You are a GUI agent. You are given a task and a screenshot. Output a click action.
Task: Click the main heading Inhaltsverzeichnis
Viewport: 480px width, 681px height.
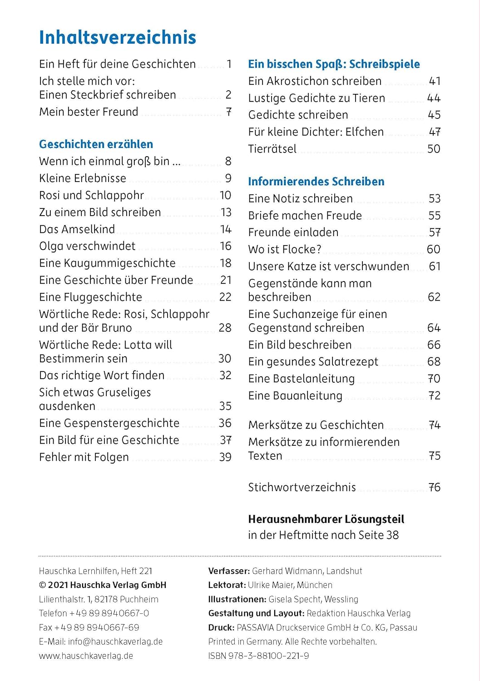click(x=117, y=38)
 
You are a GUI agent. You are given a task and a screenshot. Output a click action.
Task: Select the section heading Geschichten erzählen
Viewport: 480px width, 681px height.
click(x=96, y=144)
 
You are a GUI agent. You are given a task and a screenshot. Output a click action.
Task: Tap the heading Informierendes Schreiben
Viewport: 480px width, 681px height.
click(x=316, y=182)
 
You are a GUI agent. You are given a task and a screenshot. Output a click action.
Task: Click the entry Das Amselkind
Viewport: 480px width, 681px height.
click(x=77, y=229)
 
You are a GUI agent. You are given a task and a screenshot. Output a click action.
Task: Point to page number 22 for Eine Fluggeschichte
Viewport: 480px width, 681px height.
click(x=225, y=297)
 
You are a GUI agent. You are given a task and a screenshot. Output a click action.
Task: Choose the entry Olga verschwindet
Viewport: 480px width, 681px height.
click(x=87, y=246)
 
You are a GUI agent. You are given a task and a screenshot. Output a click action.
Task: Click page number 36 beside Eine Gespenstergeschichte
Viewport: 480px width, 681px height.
click(x=225, y=423)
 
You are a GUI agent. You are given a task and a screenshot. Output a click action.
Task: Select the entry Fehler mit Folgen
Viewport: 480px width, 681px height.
click(x=84, y=457)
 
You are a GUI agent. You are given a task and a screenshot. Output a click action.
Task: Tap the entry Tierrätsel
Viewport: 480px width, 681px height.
click(x=272, y=149)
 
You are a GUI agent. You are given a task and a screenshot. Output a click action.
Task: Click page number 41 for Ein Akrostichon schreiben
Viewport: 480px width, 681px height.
click(x=435, y=81)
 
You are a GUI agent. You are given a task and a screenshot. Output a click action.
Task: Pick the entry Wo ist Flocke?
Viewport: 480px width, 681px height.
click(x=285, y=249)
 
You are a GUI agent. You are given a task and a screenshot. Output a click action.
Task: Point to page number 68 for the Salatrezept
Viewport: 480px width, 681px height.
click(x=434, y=362)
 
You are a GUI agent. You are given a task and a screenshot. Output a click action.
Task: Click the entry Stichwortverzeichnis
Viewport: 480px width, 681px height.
click(x=302, y=488)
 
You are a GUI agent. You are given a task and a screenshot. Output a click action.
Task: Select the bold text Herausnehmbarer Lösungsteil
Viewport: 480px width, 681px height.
click(x=326, y=519)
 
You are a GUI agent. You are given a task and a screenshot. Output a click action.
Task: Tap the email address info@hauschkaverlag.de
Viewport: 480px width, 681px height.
click(x=115, y=642)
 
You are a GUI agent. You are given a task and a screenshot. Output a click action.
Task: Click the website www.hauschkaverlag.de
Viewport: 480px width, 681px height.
click(x=86, y=656)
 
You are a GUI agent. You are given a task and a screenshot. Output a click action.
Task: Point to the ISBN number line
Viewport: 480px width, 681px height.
click(x=258, y=656)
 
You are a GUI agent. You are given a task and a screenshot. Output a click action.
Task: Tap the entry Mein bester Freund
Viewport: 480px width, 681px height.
click(x=89, y=112)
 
